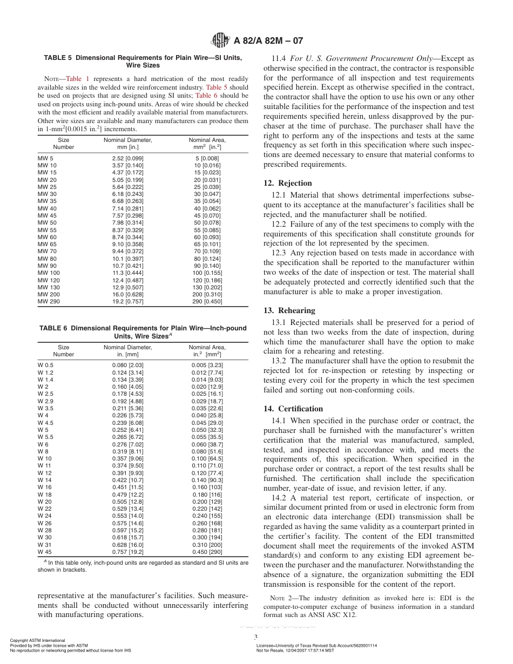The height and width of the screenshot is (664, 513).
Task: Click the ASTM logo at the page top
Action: click(220, 40)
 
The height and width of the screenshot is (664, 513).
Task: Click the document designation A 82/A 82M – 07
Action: click(268, 40)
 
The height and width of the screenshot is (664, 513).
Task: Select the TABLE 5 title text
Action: click(143, 61)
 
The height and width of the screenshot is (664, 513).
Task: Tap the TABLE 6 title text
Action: click(143, 331)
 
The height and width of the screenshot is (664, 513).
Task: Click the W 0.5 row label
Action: click(46, 365)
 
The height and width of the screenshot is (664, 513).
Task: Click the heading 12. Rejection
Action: click(287, 183)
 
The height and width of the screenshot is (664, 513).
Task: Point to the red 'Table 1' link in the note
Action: click(77, 79)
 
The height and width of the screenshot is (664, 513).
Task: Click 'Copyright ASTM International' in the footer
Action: click(37, 640)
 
